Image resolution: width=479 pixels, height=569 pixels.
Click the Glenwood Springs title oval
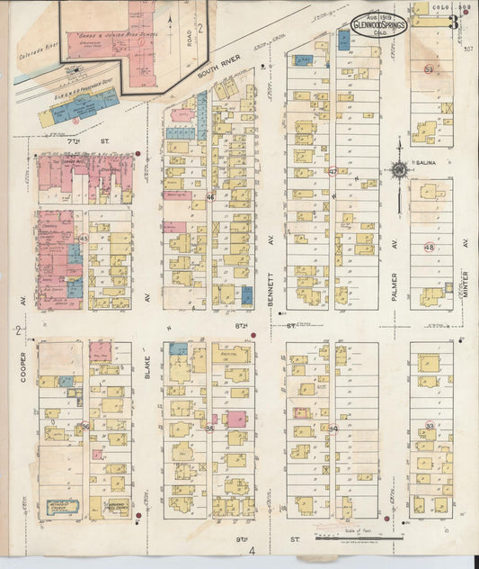(x=379, y=24)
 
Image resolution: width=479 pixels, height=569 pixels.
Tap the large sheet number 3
(x=455, y=22)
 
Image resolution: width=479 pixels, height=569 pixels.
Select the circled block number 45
(x=84, y=238)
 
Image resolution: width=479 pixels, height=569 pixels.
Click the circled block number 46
(x=210, y=196)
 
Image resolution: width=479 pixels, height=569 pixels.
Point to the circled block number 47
(x=333, y=170)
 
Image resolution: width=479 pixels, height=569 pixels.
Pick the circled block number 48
(x=430, y=248)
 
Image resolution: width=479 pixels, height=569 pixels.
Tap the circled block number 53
(x=430, y=69)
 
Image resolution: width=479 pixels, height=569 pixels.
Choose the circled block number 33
(x=430, y=426)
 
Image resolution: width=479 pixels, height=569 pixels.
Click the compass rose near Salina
(x=399, y=168)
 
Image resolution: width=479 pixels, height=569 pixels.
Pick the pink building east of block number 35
(x=235, y=419)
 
